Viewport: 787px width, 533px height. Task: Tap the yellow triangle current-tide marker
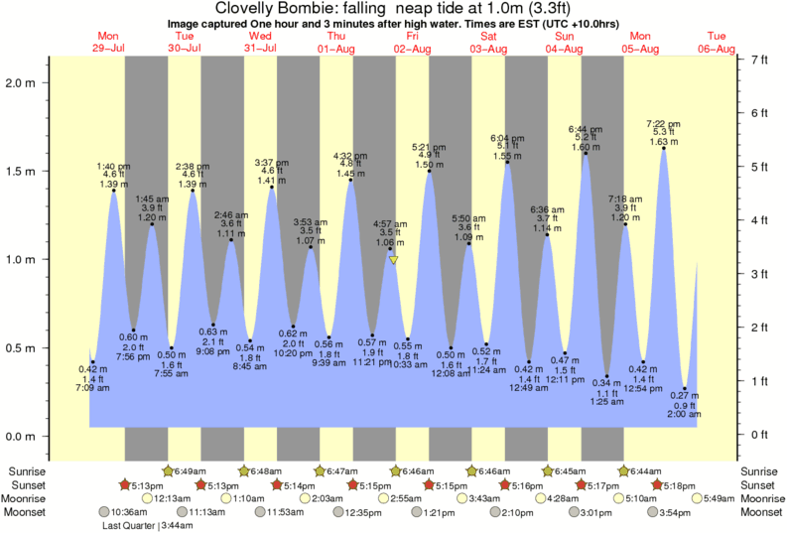(x=394, y=261)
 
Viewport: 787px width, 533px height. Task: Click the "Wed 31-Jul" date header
(x=261, y=42)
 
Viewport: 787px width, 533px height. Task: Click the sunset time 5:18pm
(x=676, y=484)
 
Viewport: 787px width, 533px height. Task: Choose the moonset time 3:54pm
(x=676, y=512)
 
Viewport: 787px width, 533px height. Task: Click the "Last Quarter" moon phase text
(x=127, y=526)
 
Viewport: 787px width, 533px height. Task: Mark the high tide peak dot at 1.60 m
(x=586, y=153)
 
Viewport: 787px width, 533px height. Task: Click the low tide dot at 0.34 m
(x=606, y=375)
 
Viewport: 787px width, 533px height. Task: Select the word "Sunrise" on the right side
(x=760, y=470)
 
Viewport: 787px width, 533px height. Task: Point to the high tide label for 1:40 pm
(x=114, y=175)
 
